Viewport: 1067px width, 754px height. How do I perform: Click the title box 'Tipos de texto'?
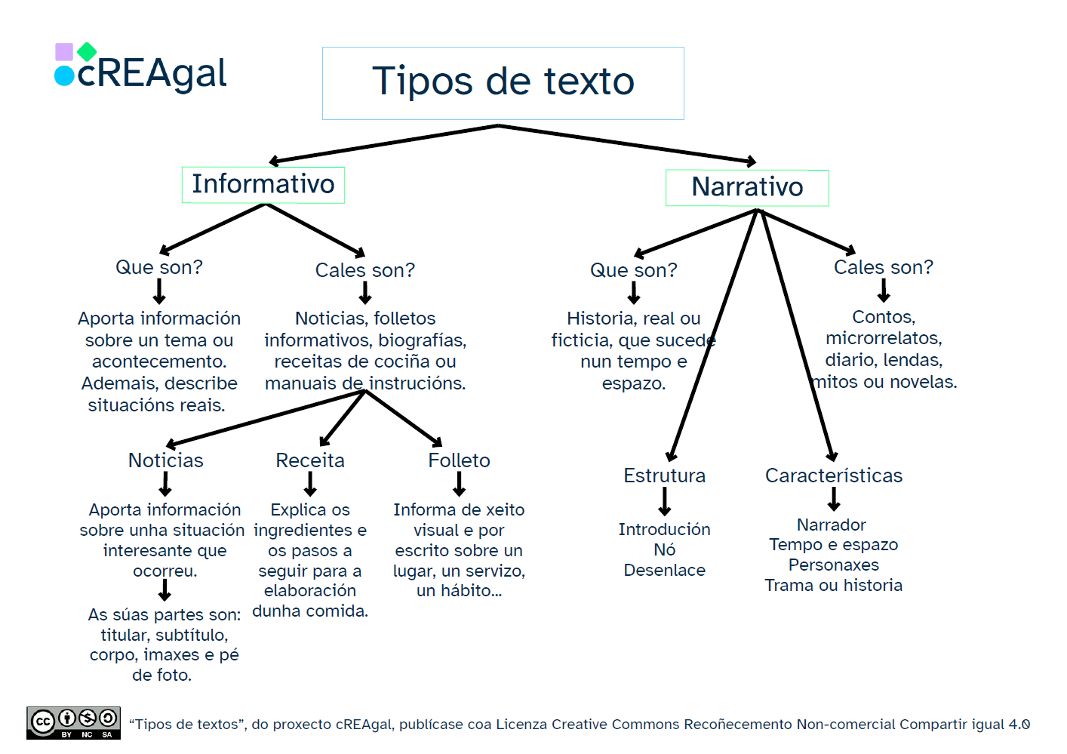pos(503,83)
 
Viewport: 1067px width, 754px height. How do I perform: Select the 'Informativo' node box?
pos(263,185)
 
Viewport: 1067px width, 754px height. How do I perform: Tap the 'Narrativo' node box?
pos(747,188)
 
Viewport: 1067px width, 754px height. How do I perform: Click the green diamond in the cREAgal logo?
pos(87,51)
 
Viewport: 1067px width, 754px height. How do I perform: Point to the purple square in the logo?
pos(64,52)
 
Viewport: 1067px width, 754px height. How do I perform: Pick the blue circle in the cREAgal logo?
pos(64,75)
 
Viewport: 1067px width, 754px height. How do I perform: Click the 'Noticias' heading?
pos(165,460)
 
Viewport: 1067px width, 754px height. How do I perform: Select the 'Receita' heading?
pos(309,460)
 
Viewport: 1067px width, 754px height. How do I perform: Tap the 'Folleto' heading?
pos(459,460)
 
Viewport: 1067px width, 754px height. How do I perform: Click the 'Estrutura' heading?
pos(664,475)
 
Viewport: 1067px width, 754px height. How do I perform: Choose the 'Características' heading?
pos(833,475)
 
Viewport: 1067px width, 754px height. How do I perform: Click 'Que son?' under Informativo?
pos(158,267)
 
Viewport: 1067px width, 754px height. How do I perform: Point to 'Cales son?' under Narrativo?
pos(883,267)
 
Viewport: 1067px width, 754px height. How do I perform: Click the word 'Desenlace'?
pos(664,571)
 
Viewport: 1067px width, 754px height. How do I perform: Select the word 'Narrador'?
pos(831,525)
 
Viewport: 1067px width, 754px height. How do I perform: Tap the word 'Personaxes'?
pos(833,565)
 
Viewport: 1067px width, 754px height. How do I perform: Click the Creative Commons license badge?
pos(73,722)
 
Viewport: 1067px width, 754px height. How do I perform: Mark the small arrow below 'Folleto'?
pos(459,484)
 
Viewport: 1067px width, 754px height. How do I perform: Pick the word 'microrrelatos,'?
pos(883,338)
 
